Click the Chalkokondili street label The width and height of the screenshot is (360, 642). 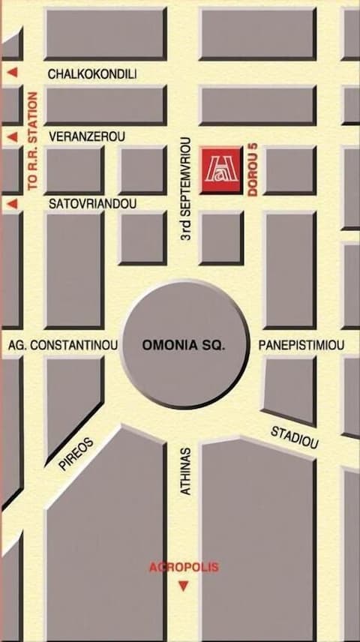(x=91, y=74)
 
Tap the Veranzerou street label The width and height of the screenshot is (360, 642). (x=86, y=137)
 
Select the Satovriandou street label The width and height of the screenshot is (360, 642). (x=91, y=203)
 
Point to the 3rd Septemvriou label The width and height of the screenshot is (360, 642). (x=189, y=189)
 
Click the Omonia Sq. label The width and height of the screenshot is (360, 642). (x=184, y=346)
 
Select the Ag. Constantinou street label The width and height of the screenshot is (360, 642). (x=62, y=346)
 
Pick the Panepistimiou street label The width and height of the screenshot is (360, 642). (x=301, y=346)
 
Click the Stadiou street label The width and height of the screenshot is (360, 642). (x=295, y=437)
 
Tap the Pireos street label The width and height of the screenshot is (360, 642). (x=76, y=454)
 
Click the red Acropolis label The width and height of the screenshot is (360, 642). (x=184, y=567)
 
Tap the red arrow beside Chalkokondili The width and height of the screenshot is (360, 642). (x=12, y=73)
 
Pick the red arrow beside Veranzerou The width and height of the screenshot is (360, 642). (x=12, y=137)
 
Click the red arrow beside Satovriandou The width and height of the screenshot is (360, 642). (x=12, y=203)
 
